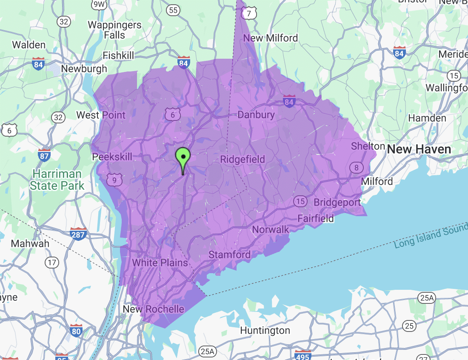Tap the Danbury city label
(x=256, y=115)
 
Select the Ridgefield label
(x=243, y=160)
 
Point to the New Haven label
(x=419, y=149)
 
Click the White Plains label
(x=160, y=263)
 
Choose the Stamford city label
(x=229, y=255)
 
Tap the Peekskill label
(x=112, y=157)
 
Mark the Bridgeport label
(x=337, y=202)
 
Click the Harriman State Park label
(x=57, y=180)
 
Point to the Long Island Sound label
(x=431, y=236)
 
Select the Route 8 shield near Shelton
(x=357, y=168)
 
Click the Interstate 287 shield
(x=79, y=233)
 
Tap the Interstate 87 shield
(x=44, y=155)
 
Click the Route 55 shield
(x=173, y=10)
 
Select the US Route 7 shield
(x=248, y=14)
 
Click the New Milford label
(x=271, y=38)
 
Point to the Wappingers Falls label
(x=114, y=30)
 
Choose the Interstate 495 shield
(x=302, y=355)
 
